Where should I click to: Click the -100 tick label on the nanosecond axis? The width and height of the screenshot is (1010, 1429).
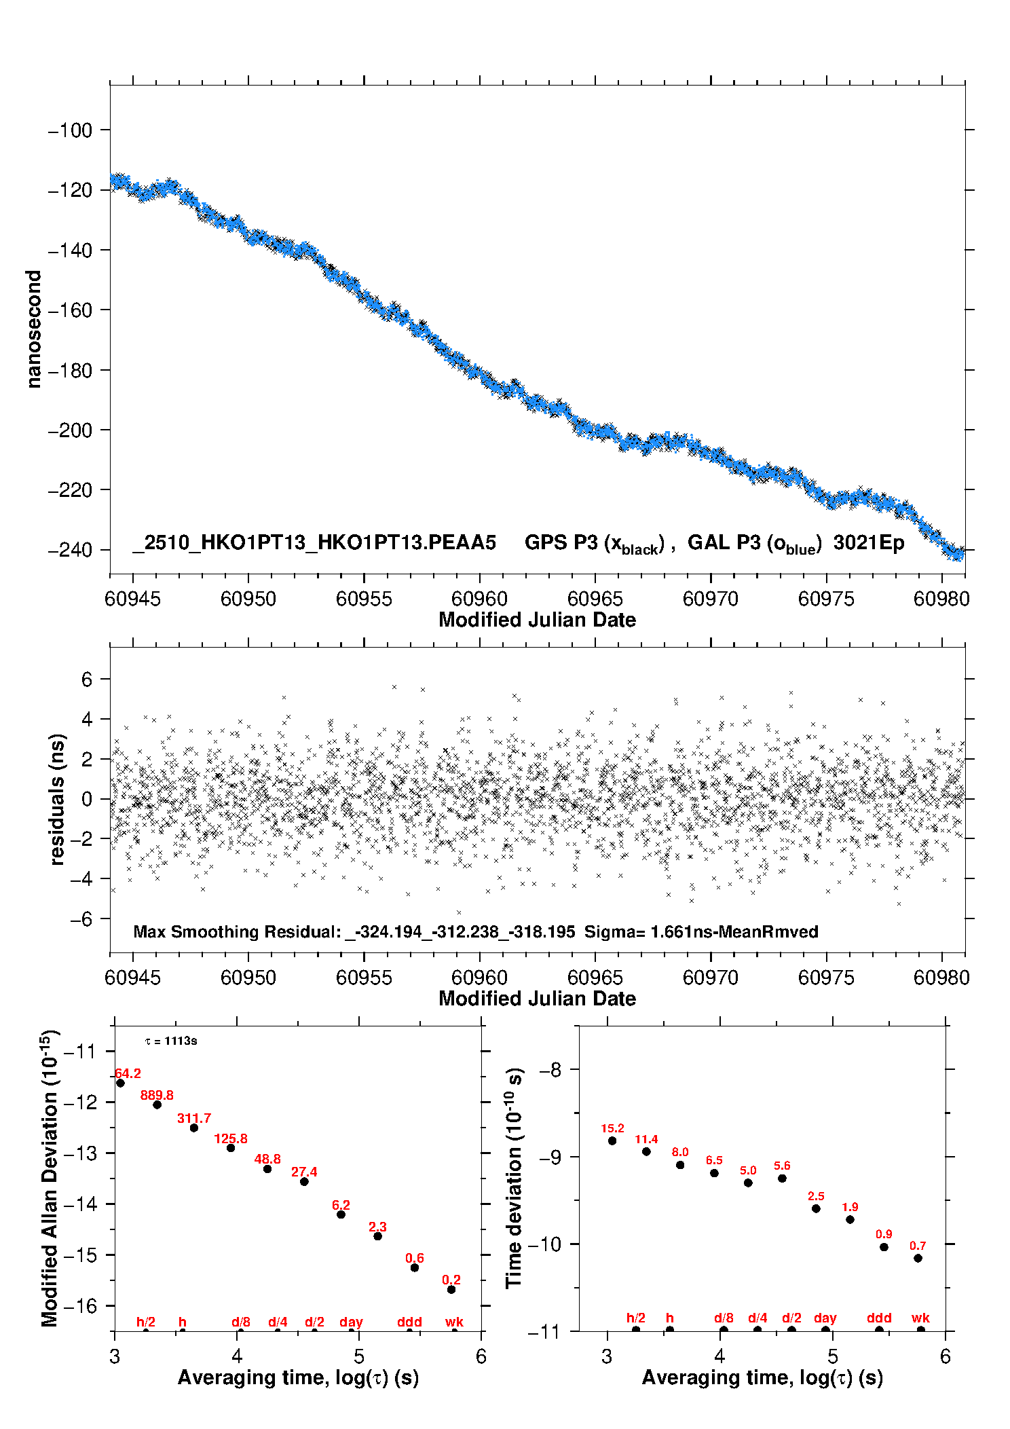(70, 130)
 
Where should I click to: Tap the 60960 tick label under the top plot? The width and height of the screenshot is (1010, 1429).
(479, 599)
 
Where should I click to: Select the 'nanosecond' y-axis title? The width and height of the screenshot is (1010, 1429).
(33, 329)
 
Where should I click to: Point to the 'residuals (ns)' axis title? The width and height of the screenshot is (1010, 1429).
(57, 799)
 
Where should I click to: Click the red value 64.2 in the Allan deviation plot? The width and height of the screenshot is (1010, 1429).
(128, 1073)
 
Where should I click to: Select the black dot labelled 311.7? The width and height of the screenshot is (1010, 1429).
(194, 1128)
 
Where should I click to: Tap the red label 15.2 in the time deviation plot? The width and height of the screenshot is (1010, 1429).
(612, 1128)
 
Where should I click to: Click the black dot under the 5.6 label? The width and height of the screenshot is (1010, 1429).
(782, 1178)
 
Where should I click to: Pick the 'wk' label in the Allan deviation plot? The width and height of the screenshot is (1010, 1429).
(454, 1322)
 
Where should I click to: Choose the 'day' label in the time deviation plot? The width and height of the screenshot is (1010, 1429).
(825, 1318)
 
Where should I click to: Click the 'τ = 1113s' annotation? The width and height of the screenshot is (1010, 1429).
(171, 1041)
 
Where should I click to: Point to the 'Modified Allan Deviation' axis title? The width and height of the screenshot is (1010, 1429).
(50, 1178)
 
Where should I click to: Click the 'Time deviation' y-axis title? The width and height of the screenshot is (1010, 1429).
(514, 1178)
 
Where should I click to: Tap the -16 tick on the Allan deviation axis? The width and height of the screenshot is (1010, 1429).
(80, 1305)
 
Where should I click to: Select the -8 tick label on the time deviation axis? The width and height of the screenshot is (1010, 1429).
(550, 1070)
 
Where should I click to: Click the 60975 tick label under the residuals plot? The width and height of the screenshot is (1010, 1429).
(826, 978)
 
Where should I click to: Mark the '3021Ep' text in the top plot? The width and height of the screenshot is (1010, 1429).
(868, 542)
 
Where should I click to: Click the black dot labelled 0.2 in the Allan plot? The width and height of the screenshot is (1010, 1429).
(451, 1289)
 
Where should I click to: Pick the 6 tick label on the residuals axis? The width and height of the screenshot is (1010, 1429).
(86, 679)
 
